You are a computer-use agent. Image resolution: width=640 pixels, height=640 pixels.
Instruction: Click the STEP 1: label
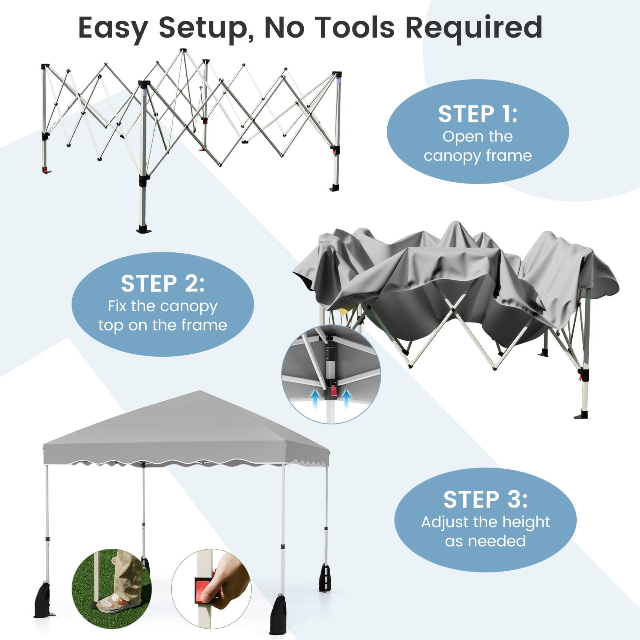pos(478,114)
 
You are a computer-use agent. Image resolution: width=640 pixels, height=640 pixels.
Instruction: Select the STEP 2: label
pos(162,284)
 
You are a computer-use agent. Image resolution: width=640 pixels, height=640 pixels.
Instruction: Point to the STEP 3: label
pos(485,500)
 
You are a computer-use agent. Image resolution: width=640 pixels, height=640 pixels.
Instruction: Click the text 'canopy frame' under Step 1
pos(478,155)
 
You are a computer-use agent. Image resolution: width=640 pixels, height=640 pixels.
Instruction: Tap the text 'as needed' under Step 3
pos(485,541)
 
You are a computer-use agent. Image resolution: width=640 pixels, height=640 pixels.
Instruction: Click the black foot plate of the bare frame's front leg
pos(144,229)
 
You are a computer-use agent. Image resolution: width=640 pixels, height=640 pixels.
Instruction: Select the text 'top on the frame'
pos(162,325)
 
